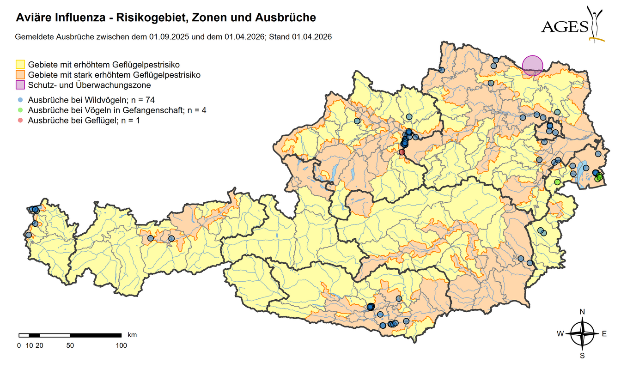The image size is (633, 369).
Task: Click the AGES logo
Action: tap(573, 25)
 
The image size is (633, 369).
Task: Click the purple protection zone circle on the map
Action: tap(532, 65)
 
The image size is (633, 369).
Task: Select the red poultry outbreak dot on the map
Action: tap(402, 152)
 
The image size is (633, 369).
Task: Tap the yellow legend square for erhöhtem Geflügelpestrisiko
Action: tap(20, 64)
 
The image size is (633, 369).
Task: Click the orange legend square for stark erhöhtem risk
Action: tap(20, 74)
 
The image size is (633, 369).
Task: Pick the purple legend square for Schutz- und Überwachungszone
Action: tap(20, 85)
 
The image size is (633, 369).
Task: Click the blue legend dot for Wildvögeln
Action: tap(20, 100)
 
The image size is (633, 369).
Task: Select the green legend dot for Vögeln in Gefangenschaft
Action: tap(20, 110)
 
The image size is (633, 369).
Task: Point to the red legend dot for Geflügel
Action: tap(20, 121)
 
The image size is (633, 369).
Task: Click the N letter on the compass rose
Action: tap(583, 312)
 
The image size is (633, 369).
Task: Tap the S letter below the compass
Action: tap(583, 356)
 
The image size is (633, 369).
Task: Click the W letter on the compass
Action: tap(560, 334)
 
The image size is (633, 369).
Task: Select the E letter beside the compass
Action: tap(604, 334)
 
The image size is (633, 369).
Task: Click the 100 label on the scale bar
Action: tap(121, 345)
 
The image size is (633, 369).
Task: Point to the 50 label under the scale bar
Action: tap(70, 345)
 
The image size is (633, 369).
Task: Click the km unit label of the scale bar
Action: tap(132, 334)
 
